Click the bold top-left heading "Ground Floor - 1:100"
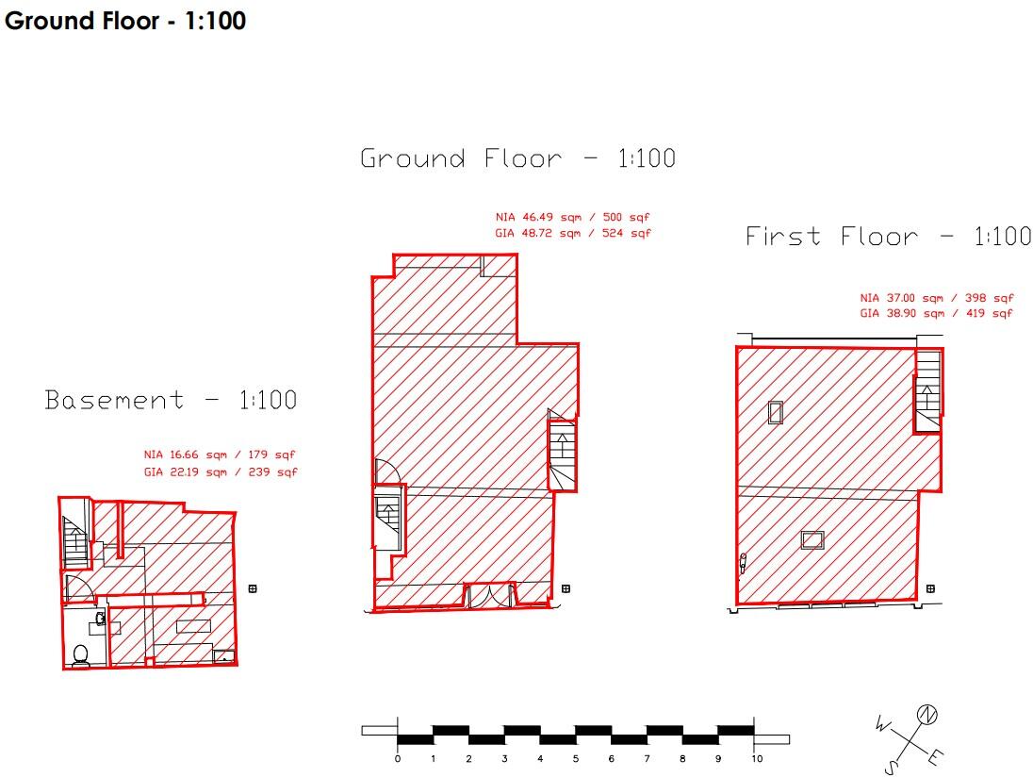tap(125, 21)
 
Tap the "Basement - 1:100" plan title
tap(171, 400)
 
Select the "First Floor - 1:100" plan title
tap(888, 236)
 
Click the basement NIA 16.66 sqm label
tap(220, 455)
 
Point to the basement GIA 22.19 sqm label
tap(220, 471)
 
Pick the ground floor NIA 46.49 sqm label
tap(572, 217)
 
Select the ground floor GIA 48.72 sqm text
tap(572, 233)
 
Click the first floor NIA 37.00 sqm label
tap(936, 298)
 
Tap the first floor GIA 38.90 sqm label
tap(936, 314)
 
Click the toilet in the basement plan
tap(80, 655)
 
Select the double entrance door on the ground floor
tap(489, 595)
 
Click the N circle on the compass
tap(926, 715)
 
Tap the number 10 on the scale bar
tap(756, 758)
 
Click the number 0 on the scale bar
tap(397, 758)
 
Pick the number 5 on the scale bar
tap(575, 758)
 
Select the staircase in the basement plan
tap(75, 541)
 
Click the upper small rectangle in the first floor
tap(776, 413)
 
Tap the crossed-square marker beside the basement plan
tap(253, 588)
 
